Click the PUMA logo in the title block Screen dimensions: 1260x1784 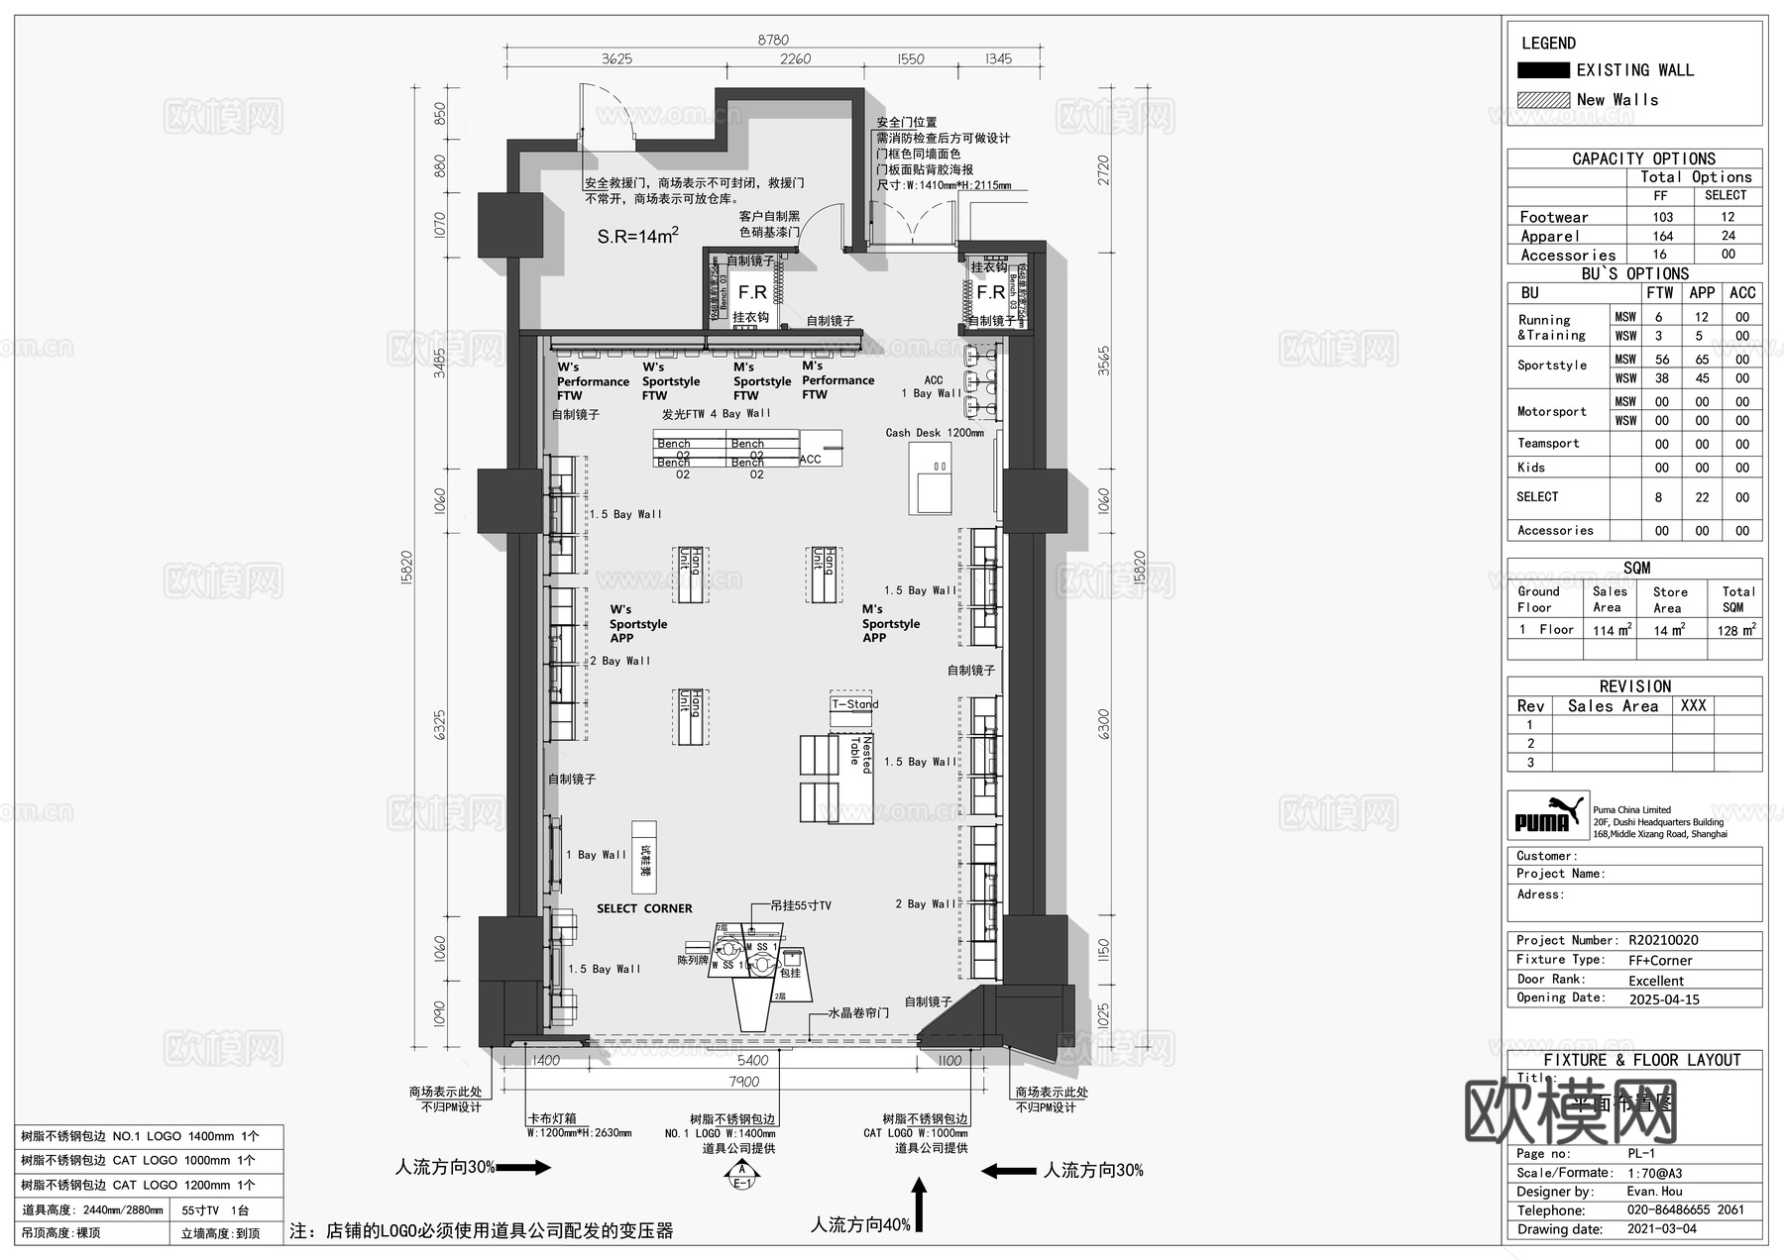tap(1547, 816)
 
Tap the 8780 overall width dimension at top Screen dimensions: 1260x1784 tap(772, 40)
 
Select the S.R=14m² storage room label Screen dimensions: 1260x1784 tap(637, 236)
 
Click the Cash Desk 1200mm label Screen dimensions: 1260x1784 tap(934, 433)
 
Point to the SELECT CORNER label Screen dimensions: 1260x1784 tap(644, 908)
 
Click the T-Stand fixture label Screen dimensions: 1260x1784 tap(854, 704)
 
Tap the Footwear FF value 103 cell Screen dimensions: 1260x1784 tap(1662, 217)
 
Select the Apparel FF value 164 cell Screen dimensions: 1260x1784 tap(1662, 236)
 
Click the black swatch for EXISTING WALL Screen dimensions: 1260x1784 tap(1542, 70)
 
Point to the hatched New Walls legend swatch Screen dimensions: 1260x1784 tap(1542, 100)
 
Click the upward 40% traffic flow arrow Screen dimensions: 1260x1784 tap(919, 1205)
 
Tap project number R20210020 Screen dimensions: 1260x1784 tap(1663, 940)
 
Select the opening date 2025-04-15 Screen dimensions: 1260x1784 tap(1663, 999)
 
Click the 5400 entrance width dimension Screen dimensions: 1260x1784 tap(752, 1060)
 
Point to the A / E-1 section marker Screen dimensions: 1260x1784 tap(741, 1176)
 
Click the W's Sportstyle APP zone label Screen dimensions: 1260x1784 tap(637, 624)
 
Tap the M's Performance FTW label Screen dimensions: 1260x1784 tap(837, 380)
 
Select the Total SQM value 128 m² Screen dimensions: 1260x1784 tap(1735, 630)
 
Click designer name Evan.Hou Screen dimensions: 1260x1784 tap(1654, 1192)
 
